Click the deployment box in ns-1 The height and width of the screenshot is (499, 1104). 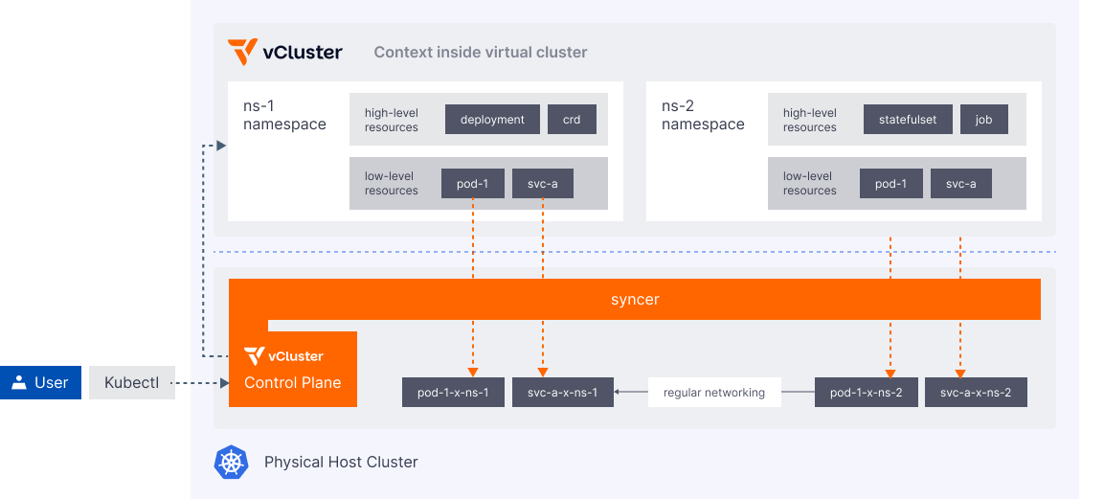click(492, 120)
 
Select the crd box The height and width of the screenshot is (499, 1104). click(572, 120)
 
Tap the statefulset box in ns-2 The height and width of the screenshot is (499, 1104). click(908, 120)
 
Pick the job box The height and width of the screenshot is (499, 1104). click(983, 120)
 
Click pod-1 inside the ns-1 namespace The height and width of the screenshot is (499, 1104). click(472, 184)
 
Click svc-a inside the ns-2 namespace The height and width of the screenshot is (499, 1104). click(960, 184)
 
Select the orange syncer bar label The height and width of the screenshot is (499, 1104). click(635, 300)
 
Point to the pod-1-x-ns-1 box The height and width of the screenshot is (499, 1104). click(453, 393)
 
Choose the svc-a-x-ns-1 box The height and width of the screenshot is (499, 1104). click(563, 393)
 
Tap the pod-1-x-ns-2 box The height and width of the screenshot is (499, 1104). click(866, 393)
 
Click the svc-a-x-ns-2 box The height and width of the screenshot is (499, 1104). click(976, 393)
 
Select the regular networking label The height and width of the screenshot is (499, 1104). click(713, 393)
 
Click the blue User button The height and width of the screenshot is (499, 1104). click(40, 383)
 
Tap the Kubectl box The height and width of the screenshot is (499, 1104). click(132, 383)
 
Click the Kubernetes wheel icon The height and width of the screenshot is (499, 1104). click(231, 463)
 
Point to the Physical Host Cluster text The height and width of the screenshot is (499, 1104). click(341, 463)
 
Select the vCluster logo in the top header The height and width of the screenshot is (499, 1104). click(284, 52)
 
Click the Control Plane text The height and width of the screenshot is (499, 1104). click(292, 382)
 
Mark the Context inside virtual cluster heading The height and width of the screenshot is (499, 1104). click(480, 52)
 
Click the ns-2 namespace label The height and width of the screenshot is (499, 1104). click(702, 115)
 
